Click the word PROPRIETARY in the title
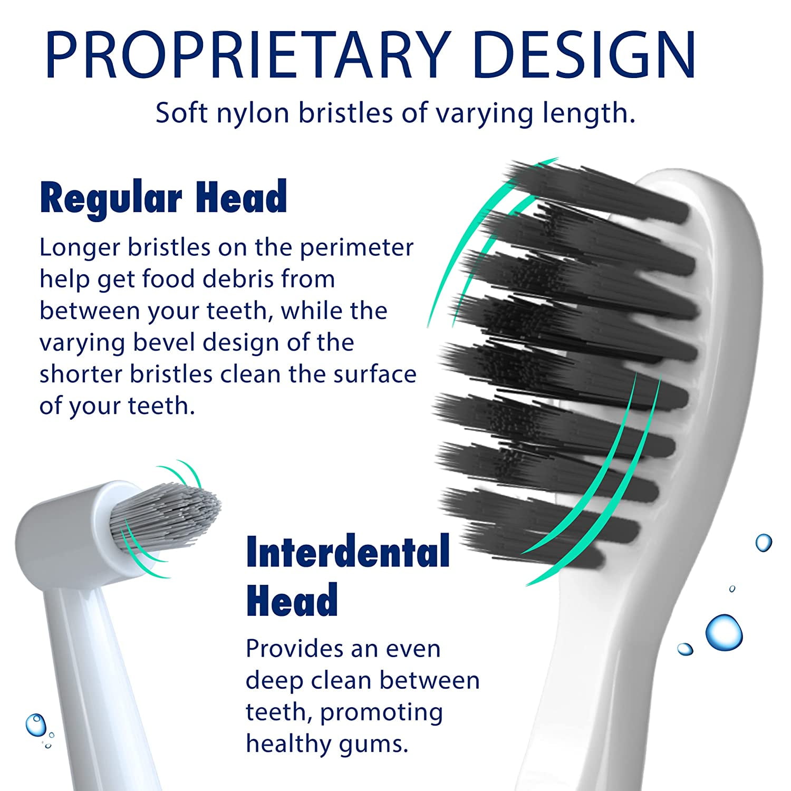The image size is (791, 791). (248, 55)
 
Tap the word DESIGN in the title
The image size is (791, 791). (585, 55)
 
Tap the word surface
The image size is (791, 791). (375, 374)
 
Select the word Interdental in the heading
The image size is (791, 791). (348, 552)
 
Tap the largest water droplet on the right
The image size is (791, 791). (724, 632)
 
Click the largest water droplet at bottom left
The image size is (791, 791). (36, 725)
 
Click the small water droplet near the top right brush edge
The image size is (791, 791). (763, 542)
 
